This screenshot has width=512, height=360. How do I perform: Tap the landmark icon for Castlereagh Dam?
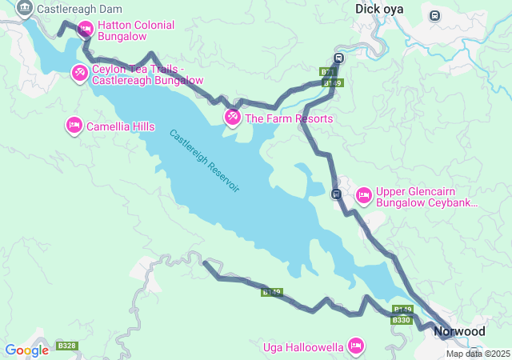(x=24, y=9)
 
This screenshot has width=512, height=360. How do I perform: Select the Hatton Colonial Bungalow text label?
(x=136, y=30)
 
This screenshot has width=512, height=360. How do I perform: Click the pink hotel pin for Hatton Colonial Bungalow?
(x=85, y=30)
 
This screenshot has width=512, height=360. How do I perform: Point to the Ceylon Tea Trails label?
(x=147, y=74)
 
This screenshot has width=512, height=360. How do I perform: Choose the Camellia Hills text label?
(x=121, y=126)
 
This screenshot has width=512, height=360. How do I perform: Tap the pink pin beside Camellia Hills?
(x=74, y=125)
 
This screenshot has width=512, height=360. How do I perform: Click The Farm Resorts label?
(x=288, y=118)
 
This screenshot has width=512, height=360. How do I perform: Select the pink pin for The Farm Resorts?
(x=232, y=117)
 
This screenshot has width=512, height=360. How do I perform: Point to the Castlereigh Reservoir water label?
(x=205, y=160)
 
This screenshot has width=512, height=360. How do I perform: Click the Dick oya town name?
(x=380, y=9)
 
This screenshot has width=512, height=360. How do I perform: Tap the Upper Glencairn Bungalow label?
(x=426, y=197)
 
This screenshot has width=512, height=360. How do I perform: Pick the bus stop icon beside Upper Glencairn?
(x=337, y=194)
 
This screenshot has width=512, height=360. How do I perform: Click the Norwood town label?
(x=459, y=331)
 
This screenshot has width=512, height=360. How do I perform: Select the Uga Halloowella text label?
(x=303, y=347)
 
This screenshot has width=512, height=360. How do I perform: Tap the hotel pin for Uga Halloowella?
(x=356, y=346)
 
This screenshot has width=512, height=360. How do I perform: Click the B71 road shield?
(x=327, y=72)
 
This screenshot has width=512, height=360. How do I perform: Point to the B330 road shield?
(x=401, y=320)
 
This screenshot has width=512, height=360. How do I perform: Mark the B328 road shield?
(x=66, y=346)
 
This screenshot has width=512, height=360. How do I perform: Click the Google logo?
(x=26, y=350)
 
